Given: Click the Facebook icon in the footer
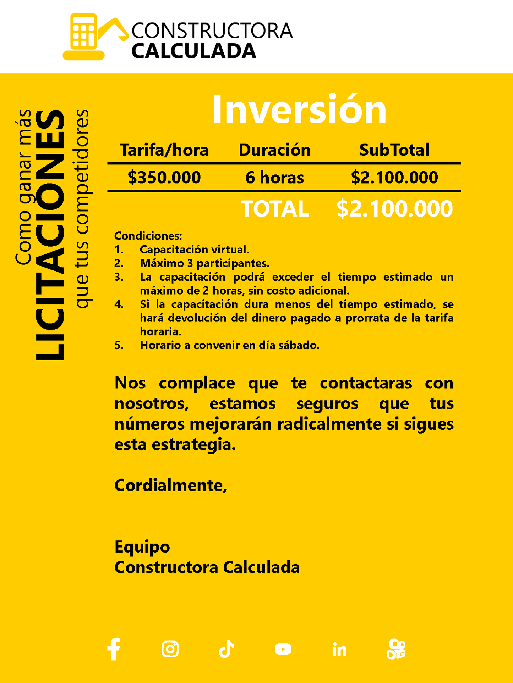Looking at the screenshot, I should tap(114, 649).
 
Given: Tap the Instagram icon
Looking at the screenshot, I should tap(170, 649).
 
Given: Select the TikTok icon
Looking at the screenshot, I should tap(227, 649).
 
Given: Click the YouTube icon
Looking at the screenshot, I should tap(283, 649).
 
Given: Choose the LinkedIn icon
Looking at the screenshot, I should tap(339, 650).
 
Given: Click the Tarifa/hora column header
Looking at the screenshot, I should tap(164, 150).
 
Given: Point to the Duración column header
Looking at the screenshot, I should tap(274, 150).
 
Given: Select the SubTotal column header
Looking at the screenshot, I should tap(394, 150).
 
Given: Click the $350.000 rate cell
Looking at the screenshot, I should tap(164, 177).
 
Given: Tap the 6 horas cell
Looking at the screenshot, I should tap(274, 177).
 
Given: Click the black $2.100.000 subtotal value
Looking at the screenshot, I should tap(394, 177).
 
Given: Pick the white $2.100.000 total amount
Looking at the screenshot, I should tap(394, 208).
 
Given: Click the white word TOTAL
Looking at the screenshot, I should tap(274, 208).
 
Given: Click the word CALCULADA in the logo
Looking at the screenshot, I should tap(194, 51).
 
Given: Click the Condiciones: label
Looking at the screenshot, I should tap(148, 236).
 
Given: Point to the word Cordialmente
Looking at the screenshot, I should tap(170, 485).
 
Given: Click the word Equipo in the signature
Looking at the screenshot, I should tap(142, 547).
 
